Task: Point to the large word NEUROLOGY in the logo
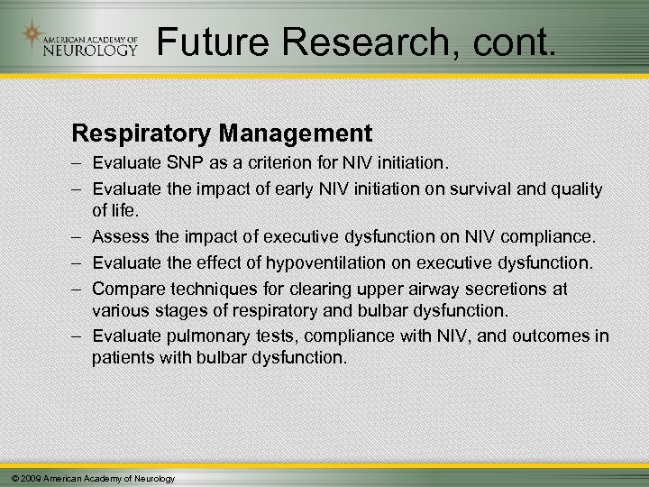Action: [93, 49]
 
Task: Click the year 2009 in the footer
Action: [28, 478]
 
